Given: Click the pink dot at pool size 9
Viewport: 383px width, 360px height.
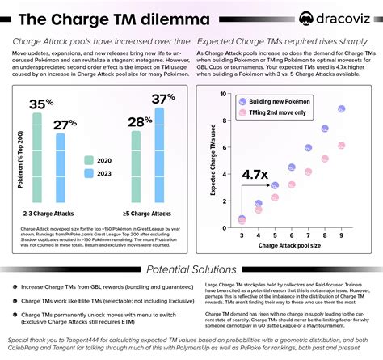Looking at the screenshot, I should click(342, 146).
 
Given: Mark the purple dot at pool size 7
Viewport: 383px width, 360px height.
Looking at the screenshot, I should click(308, 148).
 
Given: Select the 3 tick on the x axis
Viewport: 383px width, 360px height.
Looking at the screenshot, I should click(241, 233).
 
